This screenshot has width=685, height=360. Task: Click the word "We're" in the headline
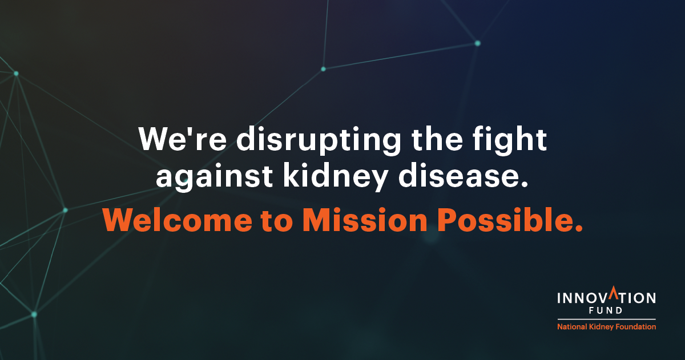click(183, 139)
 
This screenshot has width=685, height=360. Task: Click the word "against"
click(213, 177)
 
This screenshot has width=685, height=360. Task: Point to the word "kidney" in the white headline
click(336, 177)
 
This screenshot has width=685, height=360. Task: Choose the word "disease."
click(464, 175)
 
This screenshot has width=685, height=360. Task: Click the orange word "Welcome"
click(178, 220)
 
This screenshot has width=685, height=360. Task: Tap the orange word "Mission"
click(365, 220)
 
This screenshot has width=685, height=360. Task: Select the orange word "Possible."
click(510, 220)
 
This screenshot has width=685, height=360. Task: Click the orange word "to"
click(277, 221)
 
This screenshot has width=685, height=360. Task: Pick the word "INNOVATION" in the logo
click(606, 296)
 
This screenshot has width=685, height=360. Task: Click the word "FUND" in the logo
click(606, 310)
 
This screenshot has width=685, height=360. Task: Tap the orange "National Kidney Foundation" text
click(606, 327)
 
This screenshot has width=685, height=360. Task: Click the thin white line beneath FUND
click(606, 319)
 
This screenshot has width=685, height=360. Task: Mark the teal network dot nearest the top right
click(478, 43)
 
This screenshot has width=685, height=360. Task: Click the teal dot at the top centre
click(323, 69)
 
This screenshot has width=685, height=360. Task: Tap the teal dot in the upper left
click(16, 74)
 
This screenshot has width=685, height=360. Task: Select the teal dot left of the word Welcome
click(65, 211)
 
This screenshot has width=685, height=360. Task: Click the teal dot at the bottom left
click(34, 314)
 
